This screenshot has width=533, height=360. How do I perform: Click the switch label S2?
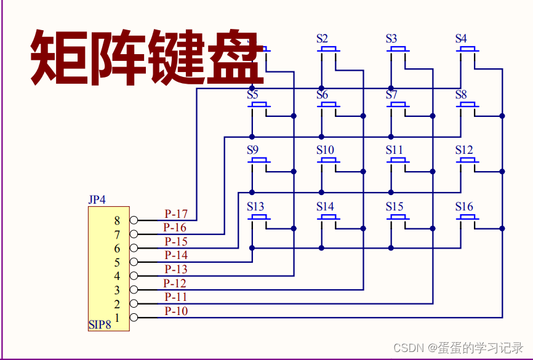323,38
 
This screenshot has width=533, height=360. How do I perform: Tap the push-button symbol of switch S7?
398,105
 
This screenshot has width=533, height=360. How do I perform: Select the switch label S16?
465,206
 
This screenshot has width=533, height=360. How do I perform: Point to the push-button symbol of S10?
329,161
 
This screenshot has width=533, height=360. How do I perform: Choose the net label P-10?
176,311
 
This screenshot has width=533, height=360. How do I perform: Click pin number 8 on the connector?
117,220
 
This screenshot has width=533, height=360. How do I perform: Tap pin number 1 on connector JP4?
117,317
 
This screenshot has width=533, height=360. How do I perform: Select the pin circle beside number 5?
134,262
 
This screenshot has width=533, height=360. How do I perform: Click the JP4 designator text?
97,200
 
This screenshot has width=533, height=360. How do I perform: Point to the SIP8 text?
99,325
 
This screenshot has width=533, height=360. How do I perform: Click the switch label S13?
255,206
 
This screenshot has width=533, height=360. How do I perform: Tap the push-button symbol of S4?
467,49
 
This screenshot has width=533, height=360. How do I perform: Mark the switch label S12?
464,150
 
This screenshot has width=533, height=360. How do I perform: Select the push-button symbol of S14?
329,217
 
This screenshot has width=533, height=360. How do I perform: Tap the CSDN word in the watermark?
406,348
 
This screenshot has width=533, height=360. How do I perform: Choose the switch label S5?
252,95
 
